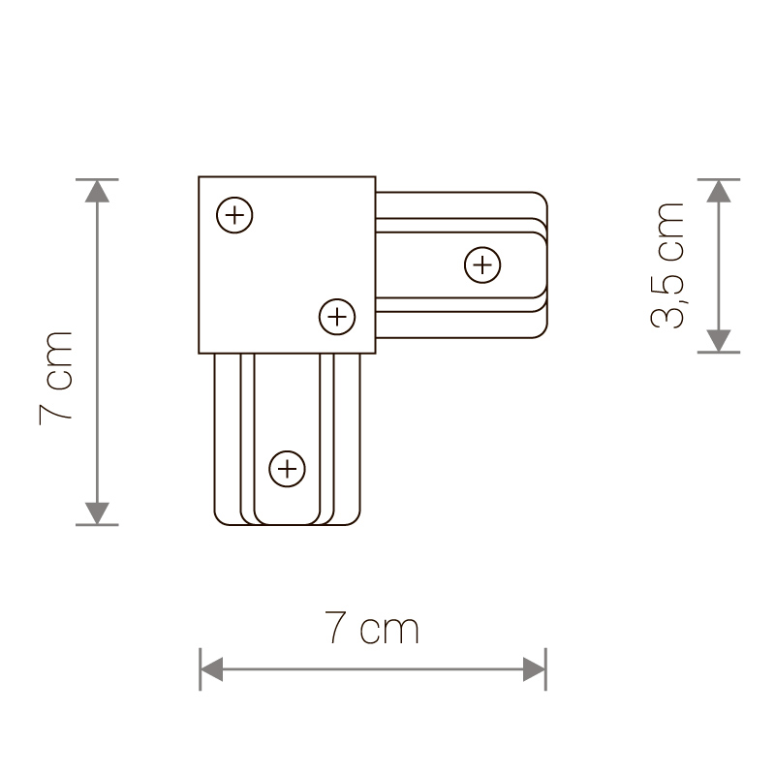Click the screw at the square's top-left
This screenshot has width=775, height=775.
(x=234, y=214)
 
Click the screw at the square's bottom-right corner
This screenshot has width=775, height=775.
(x=336, y=316)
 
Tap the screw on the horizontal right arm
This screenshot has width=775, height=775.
(x=481, y=264)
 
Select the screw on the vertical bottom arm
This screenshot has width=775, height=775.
(x=286, y=469)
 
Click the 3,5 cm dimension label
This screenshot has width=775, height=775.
(x=669, y=265)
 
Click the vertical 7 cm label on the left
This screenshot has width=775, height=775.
(x=56, y=375)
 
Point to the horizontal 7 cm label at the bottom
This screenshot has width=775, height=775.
(x=373, y=630)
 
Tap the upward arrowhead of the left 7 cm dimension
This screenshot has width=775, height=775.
(x=97, y=191)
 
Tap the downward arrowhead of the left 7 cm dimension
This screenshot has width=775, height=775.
(x=97, y=513)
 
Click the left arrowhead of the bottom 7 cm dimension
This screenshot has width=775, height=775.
(x=211, y=668)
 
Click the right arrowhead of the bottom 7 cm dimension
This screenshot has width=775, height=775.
(x=534, y=668)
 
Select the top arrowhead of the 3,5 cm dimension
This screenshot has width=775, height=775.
(x=718, y=191)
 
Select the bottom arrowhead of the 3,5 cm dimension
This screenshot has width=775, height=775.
(x=718, y=340)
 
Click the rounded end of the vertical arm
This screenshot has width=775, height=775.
(x=286, y=524)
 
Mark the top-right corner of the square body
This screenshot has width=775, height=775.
(x=376, y=176)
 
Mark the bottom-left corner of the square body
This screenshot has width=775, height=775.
(x=199, y=353)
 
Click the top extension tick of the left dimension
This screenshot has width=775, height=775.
(x=97, y=179)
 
